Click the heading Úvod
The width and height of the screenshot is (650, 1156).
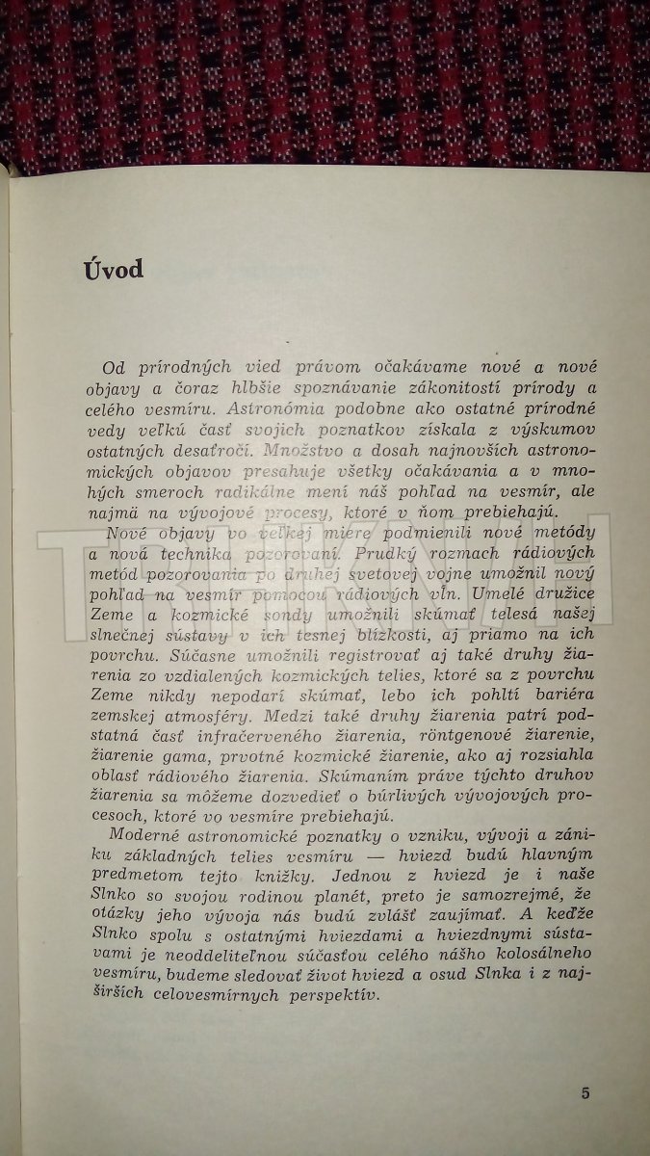[x=112, y=269]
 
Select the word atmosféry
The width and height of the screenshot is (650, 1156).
[x=235, y=734]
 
